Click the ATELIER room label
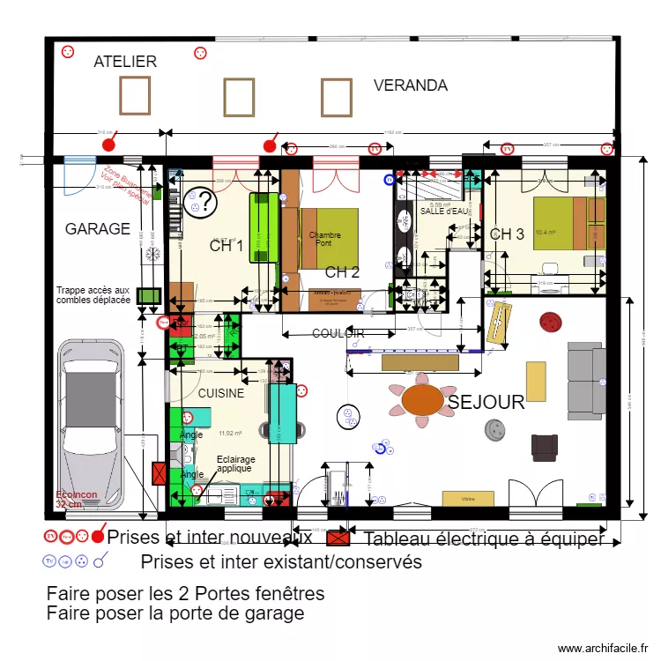pos(125,62)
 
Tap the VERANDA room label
pos(411,85)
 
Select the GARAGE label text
pos(97,229)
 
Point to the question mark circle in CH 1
pos(202,204)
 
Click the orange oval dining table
pos(424,399)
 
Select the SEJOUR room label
pos(486,403)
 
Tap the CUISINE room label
pos(220,394)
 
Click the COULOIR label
pos(338,333)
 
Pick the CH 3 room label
pos(507,234)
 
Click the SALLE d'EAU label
pos(445,212)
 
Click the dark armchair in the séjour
pos(545,447)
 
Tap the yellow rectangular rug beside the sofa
pos(536,382)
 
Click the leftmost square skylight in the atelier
pos(135,95)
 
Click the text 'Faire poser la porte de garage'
pos(175,613)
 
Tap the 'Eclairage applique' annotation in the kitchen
pos(235,464)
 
